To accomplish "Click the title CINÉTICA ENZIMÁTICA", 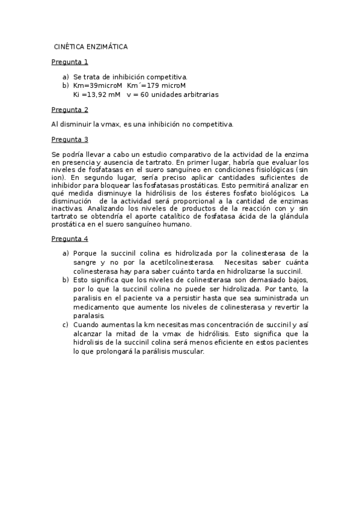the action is [90, 46].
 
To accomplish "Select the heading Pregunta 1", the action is [70, 61].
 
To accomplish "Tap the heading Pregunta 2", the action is [70, 109].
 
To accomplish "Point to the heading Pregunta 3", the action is [70, 140].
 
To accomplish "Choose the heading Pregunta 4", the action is [70, 239].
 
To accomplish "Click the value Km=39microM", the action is [97, 85].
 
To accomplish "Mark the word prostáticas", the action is [197, 186].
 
